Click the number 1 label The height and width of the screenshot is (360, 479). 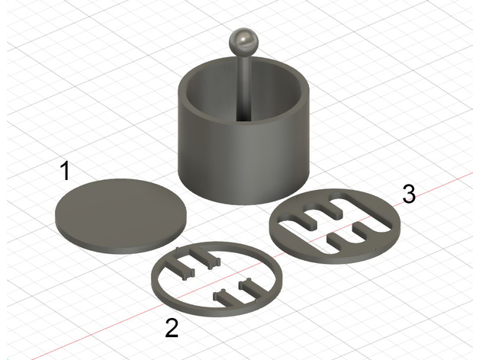point(66,171)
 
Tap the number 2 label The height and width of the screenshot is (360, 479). point(172,328)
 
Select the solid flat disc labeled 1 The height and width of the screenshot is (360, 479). point(121,216)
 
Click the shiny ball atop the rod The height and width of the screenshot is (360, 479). point(243,42)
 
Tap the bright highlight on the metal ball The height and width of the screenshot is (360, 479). point(245,39)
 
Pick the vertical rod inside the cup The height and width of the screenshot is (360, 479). point(244,88)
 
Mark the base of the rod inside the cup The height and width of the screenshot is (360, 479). point(244,119)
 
